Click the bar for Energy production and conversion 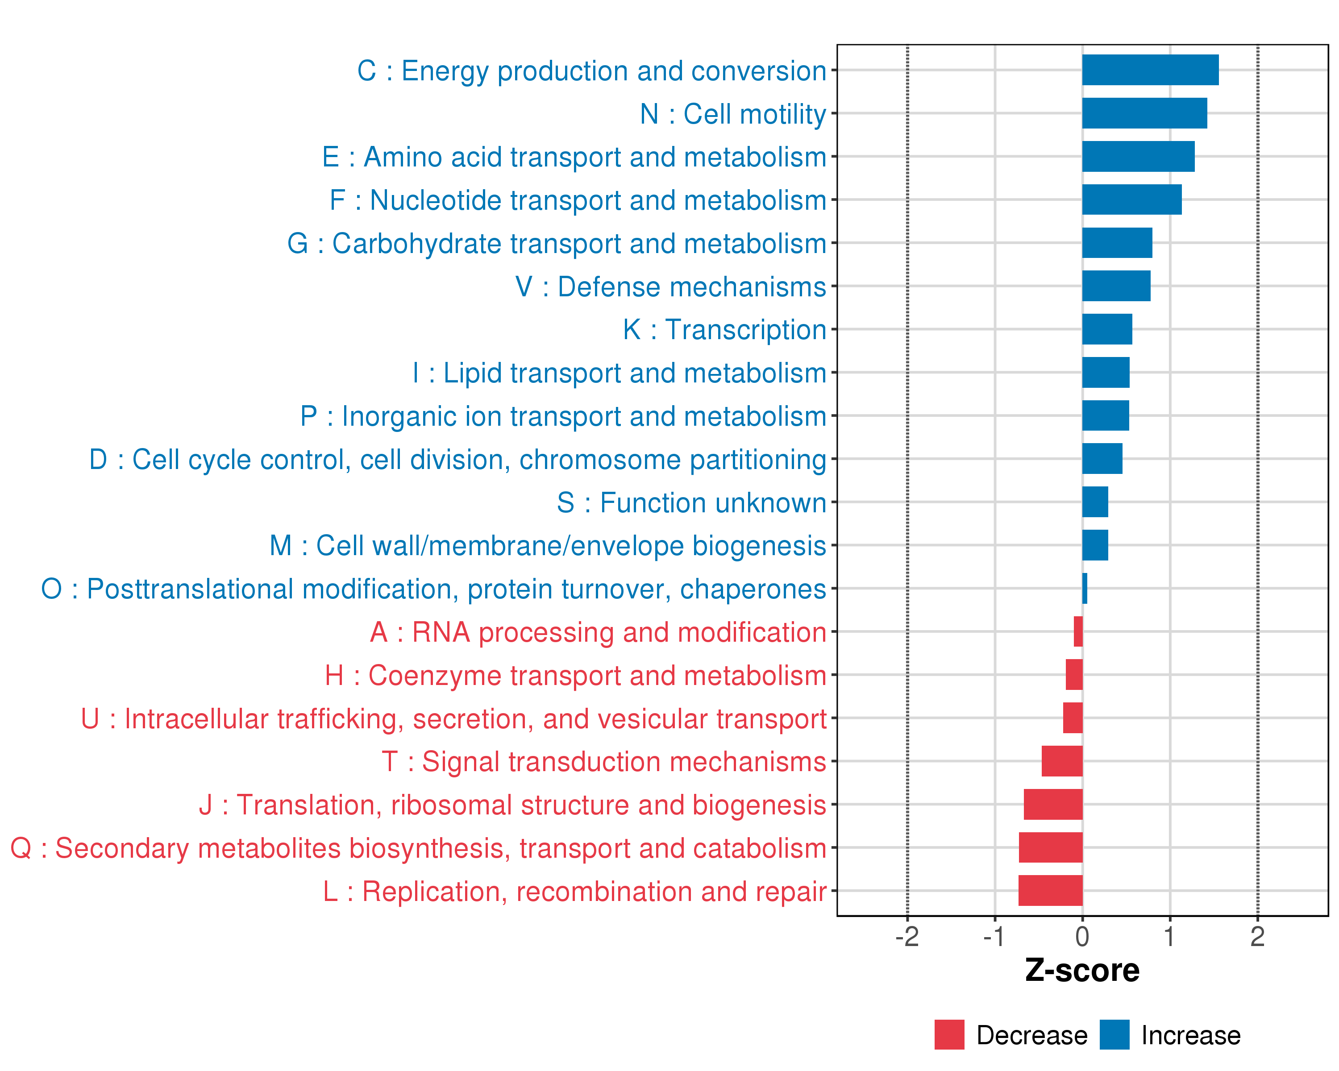[x=1150, y=70]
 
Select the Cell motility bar [x=1144, y=113]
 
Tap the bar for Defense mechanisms [x=1116, y=286]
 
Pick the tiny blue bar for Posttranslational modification [x=1084, y=588]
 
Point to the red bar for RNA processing [x=1078, y=631]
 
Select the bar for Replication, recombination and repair [x=1050, y=890]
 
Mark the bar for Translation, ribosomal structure [x=1053, y=804]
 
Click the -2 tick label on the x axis [x=907, y=937]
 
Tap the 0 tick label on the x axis [x=1082, y=937]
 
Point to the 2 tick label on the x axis [x=1257, y=937]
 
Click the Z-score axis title [x=1082, y=971]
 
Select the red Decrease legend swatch [x=949, y=1035]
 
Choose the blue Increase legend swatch [x=1114, y=1035]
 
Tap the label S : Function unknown [x=691, y=502]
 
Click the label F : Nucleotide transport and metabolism [x=578, y=200]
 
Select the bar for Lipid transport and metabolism [x=1106, y=373]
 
